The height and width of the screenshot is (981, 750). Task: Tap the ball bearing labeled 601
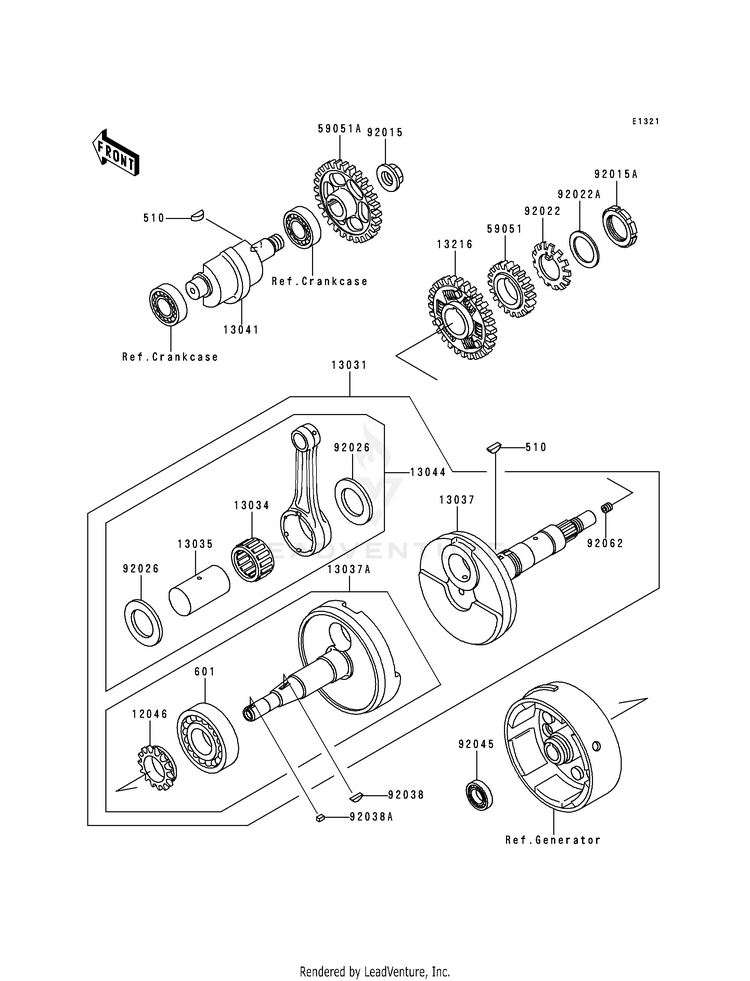[x=207, y=741]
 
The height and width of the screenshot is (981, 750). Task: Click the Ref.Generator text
[x=553, y=840]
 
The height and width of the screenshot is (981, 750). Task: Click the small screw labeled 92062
[x=607, y=515]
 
